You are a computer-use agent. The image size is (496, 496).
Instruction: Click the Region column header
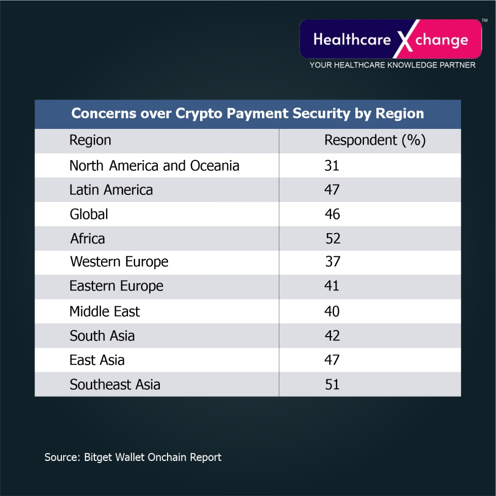click(x=90, y=140)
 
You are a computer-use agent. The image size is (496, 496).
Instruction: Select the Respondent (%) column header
click(x=375, y=140)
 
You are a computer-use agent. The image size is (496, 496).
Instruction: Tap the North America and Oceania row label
click(x=154, y=166)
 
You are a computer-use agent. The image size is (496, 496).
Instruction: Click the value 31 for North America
click(x=332, y=166)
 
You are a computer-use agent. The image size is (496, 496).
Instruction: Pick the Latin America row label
click(x=111, y=190)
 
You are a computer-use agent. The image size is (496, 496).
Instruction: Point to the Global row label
click(x=89, y=214)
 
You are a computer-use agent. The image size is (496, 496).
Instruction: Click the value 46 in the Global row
click(x=332, y=214)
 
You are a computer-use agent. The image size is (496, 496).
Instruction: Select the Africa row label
click(x=88, y=239)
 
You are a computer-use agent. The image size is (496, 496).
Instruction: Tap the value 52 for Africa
click(x=333, y=239)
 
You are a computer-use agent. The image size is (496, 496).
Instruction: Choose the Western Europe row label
click(x=119, y=262)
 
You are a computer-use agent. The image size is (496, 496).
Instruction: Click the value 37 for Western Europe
click(x=333, y=262)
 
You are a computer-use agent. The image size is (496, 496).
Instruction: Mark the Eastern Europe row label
click(x=116, y=286)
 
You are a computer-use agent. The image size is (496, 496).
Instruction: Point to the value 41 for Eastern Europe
click(x=332, y=286)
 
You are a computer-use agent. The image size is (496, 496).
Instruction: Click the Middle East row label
click(x=105, y=311)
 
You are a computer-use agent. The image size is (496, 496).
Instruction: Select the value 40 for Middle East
click(x=332, y=311)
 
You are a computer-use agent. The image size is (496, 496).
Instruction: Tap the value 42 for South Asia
click(x=332, y=336)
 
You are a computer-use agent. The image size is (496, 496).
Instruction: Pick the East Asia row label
click(x=97, y=360)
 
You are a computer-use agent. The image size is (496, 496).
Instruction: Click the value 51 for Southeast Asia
click(x=332, y=384)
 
